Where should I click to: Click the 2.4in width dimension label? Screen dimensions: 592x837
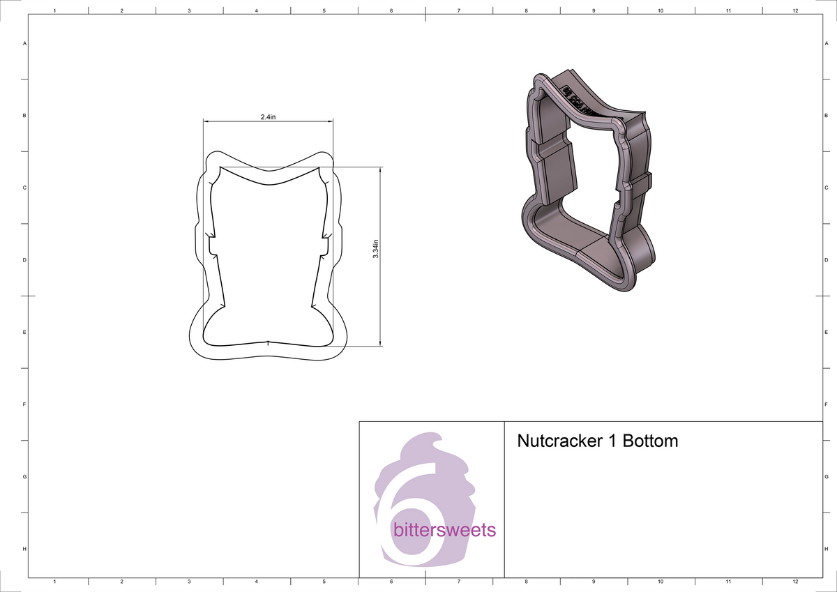pos(269,118)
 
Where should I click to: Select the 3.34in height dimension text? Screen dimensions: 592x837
pos(376,248)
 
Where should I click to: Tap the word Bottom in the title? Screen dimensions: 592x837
pos(649,441)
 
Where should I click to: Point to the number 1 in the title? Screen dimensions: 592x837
pos(614,441)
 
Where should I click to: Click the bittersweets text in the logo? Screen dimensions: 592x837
pos(444,530)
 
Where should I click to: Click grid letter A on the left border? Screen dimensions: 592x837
pos(25,43)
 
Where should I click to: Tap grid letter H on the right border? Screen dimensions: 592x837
pos(826,549)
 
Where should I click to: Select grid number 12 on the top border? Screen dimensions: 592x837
pos(795,11)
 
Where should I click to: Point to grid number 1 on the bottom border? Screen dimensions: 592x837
pos(54,581)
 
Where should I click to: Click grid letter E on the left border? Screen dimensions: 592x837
pos(25,332)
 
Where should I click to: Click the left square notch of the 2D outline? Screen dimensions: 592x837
pos(209,246)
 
